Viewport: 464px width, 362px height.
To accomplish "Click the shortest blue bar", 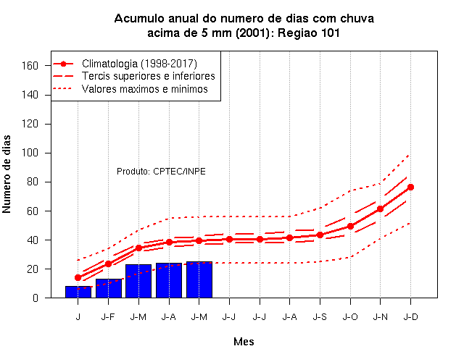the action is pyautogui.click(x=78, y=292).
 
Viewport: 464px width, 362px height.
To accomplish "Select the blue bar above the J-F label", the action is pyautogui.click(x=109, y=288).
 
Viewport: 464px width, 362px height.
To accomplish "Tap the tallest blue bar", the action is pyautogui.click(x=199, y=279).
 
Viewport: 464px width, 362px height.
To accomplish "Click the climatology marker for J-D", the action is pyautogui.click(x=410, y=187).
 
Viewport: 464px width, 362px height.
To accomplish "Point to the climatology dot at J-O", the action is pyautogui.click(x=350, y=226).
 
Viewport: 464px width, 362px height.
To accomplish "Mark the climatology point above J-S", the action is pyautogui.click(x=320, y=235).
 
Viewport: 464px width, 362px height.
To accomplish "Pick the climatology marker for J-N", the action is pyautogui.click(x=380, y=209).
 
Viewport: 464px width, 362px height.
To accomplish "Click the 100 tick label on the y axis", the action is pyautogui.click(x=30, y=153).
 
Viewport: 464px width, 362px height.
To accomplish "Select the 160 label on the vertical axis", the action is pyautogui.click(x=30, y=66).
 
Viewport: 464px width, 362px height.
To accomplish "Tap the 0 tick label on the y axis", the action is pyautogui.click(x=36, y=298).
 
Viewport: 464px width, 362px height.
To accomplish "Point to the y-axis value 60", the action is pyautogui.click(x=33, y=211).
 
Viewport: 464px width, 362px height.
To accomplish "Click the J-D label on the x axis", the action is pyautogui.click(x=411, y=317).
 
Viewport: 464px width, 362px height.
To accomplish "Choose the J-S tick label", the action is pyautogui.click(x=320, y=317).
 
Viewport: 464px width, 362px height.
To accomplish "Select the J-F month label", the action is pyautogui.click(x=108, y=317).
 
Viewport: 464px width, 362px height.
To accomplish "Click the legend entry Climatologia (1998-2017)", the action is pyautogui.click(x=139, y=64).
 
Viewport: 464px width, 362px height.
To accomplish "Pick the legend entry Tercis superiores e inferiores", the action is pyautogui.click(x=149, y=76).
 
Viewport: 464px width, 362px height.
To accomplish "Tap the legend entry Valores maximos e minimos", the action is pyautogui.click(x=145, y=89).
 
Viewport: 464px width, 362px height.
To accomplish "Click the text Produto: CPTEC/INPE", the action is pyautogui.click(x=161, y=172).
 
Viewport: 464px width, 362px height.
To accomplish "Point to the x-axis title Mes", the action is pyautogui.click(x=244, y=342).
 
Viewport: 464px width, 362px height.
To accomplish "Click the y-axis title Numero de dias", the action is pyautogui.click(x=7, y=174).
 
